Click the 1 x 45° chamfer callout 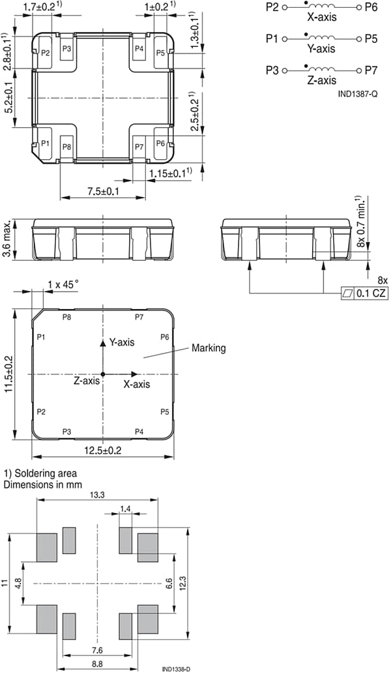63,284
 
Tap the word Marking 208,348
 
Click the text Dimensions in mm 40,485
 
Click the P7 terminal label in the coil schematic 371,70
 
